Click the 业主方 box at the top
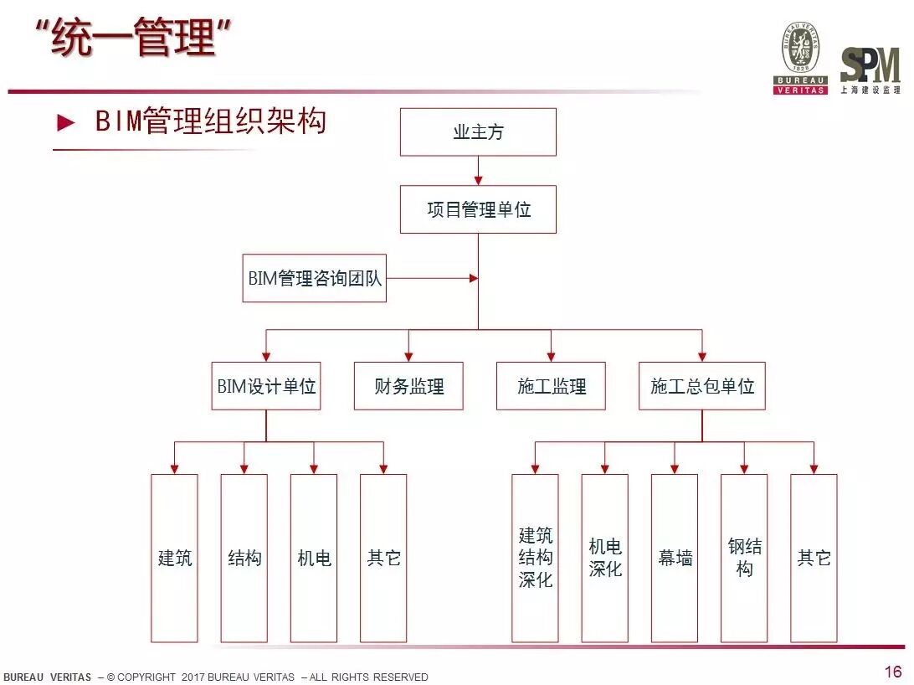click(478, 132)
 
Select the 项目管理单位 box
click(478, 209)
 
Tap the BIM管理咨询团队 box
click(315, 278)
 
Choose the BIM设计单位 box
click(266, 386)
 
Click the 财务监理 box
click(408, 386)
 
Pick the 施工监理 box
click(551, 386)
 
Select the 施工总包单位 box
click(702, 386)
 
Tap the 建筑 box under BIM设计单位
click(174, 558)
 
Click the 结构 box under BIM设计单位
click(244, 558)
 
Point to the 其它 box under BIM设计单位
click(383, 558)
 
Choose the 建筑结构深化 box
click(535, 558)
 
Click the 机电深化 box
click(605, 558)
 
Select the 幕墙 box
click(675, 558)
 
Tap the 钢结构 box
click(744, 558)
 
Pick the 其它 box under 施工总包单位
click(814, 558)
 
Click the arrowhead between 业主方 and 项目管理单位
click(478, 179)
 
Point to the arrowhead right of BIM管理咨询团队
click(473, 278)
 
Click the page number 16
click(892, 672)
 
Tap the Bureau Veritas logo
click(800, 57)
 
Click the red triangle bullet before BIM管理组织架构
click(65, 123)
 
